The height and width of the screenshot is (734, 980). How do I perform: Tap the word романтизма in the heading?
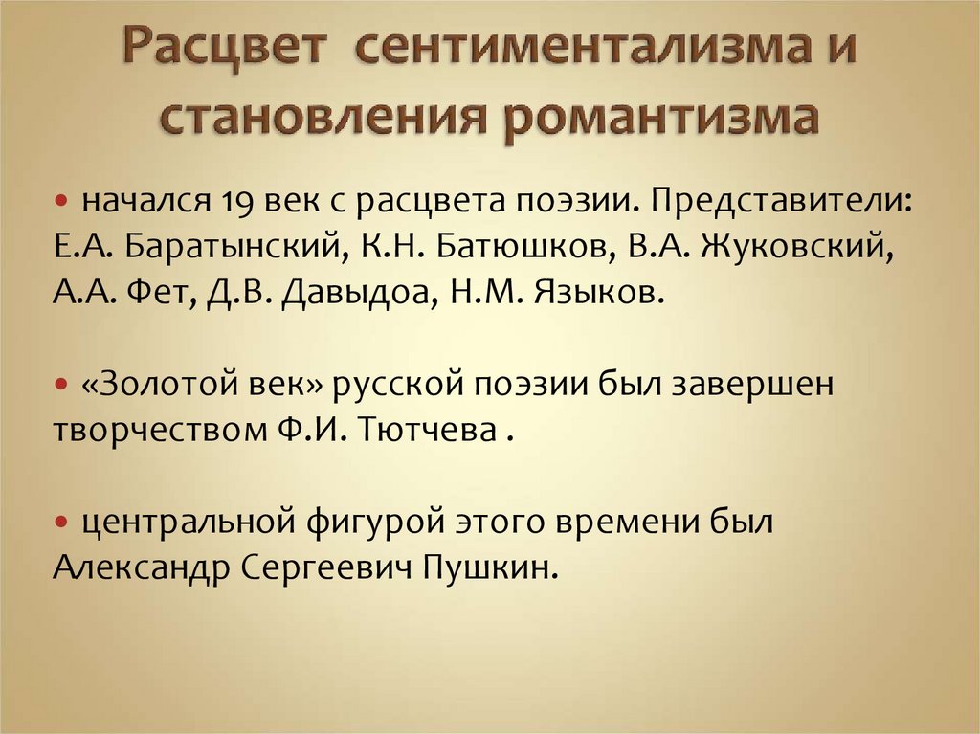coord(659,120)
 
